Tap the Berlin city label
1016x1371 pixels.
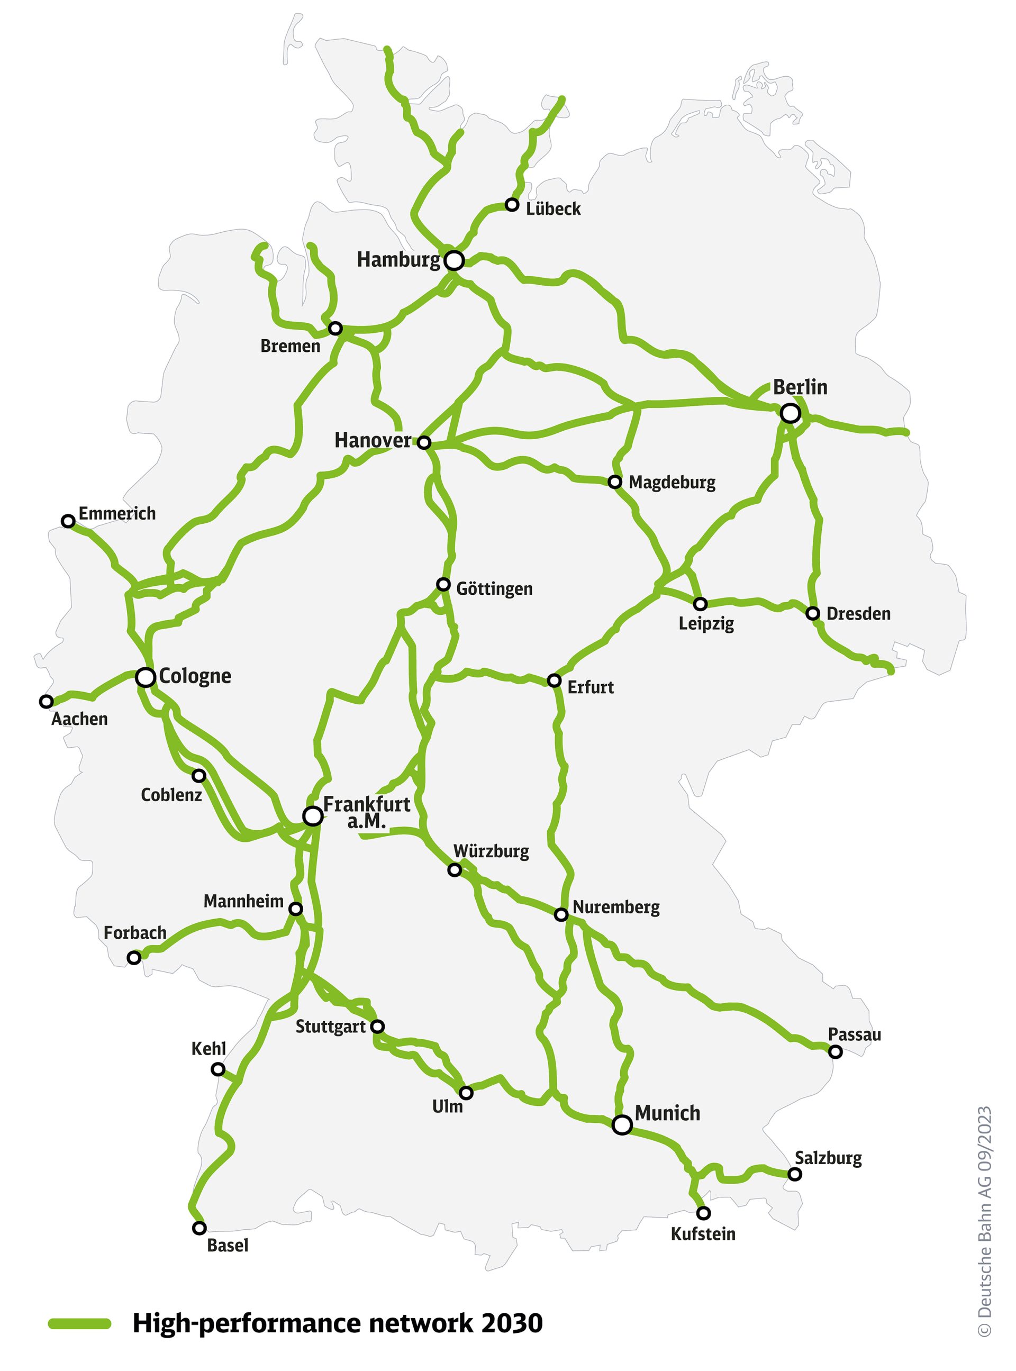click(800, 387)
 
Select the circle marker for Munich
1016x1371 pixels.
click(622, 1125)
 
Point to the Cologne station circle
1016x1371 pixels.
click(146, 677)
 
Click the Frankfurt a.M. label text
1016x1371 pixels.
click(367, 812)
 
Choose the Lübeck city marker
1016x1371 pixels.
click(512, 205)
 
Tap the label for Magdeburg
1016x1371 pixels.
click(672, 483)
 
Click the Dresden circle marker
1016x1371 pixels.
click(812, 613)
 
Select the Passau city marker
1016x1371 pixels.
click(835, 1052)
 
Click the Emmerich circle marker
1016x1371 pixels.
click(68, 521)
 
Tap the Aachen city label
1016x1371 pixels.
click(79, 719)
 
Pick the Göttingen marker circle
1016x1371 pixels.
click(443, 585)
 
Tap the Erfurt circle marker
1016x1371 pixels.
click(554, 680)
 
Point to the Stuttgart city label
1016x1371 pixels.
click(330, 1027)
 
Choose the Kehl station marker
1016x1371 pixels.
click(217, 1069)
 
